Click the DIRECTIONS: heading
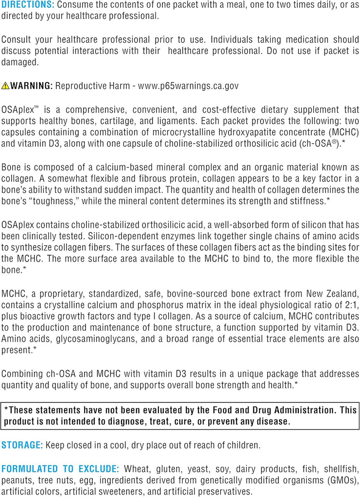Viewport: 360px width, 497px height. coord(27,4)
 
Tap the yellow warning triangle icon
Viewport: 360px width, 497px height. coord(5,86)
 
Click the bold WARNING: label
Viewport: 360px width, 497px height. coord(32,86)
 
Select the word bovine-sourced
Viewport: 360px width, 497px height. coord(208,294)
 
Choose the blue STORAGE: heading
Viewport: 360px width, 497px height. coord(22,445)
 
